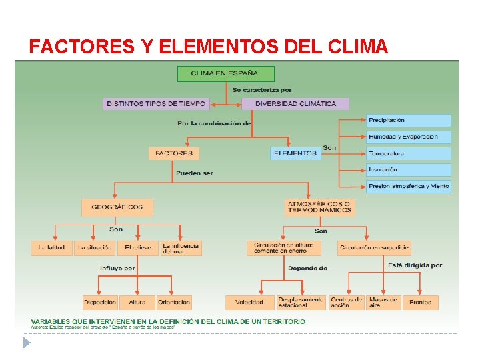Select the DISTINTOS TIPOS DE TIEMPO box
pos(156,104)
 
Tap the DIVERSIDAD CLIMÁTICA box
pos(295,104)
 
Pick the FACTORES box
pos(173,153)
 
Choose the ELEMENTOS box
pos(295,153)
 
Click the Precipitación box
pos(408,121)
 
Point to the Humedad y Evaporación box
pos(408,137)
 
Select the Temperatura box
pos(408,153)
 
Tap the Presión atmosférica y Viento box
pos(408,186)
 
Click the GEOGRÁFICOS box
pos(117,207)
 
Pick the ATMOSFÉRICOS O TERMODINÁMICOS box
pos(319,207)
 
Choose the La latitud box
pos(51,248)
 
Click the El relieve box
pos(138,248)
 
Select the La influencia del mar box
pos(180,248)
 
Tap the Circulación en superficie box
pos(374,248)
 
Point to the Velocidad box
pos(249,303)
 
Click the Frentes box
pos(421,303)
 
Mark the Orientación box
pos(174,303)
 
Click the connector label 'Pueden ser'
pos(195,173)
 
